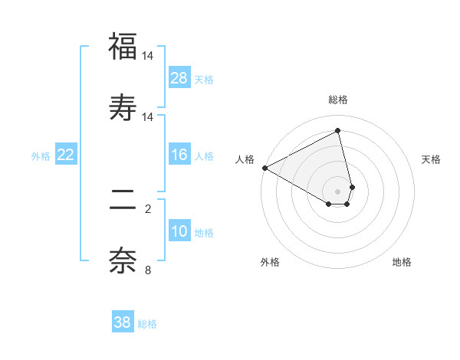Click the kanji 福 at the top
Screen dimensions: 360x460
(123, 47)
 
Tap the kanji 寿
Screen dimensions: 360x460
(123, 106)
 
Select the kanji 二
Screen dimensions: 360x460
(123, 200)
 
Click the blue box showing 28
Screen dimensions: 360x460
(179, 78)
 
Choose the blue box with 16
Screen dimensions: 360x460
(179, 155)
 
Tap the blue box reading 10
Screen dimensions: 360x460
(179, 232)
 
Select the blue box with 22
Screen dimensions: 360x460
(66, 155)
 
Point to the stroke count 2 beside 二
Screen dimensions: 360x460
(148, 208)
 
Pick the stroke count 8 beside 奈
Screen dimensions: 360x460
(148, 269)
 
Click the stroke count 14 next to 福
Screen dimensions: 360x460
(148, 56)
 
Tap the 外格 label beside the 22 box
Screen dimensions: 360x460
(41, 156)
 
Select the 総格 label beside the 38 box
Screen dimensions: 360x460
(147, 324)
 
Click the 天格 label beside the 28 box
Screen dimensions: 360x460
(204, 80)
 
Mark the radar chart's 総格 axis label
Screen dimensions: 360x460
(338, 100)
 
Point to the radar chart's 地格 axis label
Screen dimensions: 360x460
(402, 263)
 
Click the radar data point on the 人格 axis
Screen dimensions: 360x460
(264, 168)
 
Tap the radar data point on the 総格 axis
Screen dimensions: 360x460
(338, 130)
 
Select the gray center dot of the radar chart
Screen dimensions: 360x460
(338, 191)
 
